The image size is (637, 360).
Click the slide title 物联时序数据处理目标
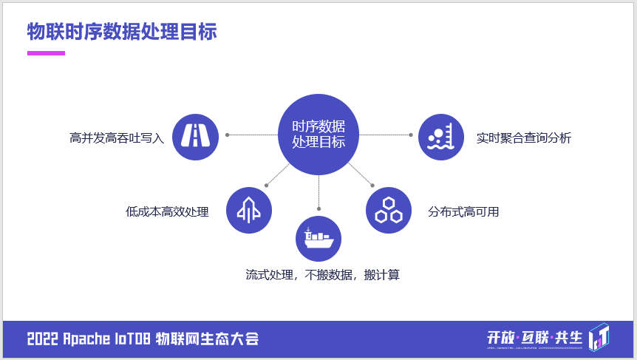click(122, 33)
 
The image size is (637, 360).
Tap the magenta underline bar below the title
click(46, 53)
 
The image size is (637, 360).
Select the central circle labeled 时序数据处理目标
click(318, 134)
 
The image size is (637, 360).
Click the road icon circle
click(195, 137)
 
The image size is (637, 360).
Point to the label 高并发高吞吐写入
click(117, 138)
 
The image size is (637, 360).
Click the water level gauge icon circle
click(441, 137)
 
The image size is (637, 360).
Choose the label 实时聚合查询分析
click(524, 138)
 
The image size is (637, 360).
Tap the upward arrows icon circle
click(248, 210)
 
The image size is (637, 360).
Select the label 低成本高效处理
click(168, 212)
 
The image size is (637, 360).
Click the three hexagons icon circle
click(389, 210)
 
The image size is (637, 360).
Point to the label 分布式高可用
click(463, 212)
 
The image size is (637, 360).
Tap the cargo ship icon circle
click(318, 239)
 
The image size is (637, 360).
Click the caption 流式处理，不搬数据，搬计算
click(322, 275)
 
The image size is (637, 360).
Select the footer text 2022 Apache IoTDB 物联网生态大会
click(143, 339)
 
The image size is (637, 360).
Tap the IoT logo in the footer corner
click(599, 336)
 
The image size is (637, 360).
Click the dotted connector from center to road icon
click(253, 135)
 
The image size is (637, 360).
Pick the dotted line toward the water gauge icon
click(385, 135)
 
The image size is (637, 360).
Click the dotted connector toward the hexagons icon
click(360, 174)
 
